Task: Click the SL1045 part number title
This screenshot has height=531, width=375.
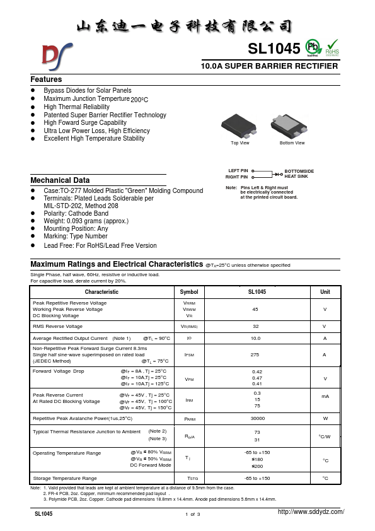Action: [x=274, y=49]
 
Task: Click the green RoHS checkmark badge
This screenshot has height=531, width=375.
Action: [x=332, y=48]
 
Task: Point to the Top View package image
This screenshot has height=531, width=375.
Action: [x=240, y=126]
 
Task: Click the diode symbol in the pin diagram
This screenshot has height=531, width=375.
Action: [x=277, y=174]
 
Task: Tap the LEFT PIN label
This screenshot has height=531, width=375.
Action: [x=238, y=171]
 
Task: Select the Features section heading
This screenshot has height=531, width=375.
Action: [x=46, y=79]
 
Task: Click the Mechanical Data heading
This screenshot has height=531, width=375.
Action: [x=60, y=180]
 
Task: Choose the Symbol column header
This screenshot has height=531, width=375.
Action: [x=188, y=292]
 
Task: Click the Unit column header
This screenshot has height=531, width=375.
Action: [x=325, y=292]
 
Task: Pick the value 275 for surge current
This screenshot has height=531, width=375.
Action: [x=256, y=355]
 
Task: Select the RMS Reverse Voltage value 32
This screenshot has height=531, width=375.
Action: [x=256, y=326]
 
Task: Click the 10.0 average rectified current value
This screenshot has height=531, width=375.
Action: [x=256, y=339]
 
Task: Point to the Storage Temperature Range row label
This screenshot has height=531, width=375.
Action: [x=65, y=479]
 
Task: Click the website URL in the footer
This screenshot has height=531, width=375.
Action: [x=311, y=512]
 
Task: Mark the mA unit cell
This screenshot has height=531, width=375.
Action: [x=325, y=396]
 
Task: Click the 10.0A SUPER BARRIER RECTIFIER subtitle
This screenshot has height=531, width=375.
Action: [x=268, y=66]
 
